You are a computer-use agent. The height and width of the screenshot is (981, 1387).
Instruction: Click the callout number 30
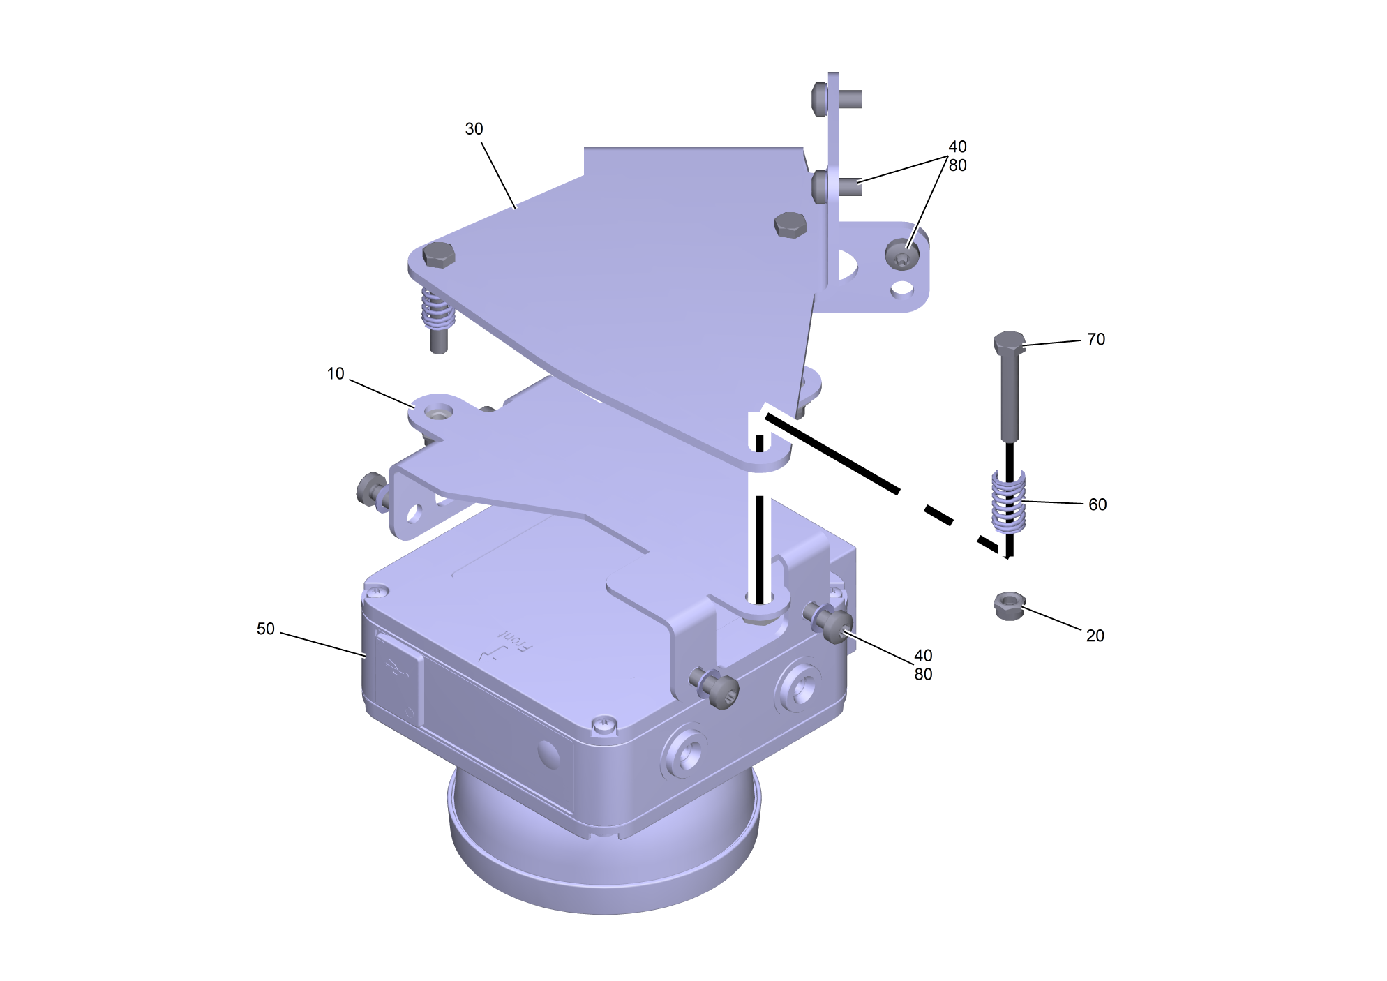coord(474,129)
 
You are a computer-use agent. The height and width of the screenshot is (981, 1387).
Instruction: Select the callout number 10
coord(336,374)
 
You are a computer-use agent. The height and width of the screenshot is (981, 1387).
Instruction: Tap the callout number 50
coord(266,629)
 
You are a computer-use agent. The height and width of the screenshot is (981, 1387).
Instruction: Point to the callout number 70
coord(1096,340)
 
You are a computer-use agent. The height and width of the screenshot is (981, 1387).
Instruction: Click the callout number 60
coord(1097,505)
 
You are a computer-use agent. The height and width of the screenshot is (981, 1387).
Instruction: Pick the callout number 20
coord(1095,636)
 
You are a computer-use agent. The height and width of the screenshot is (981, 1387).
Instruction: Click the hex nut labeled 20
coord(1009,606)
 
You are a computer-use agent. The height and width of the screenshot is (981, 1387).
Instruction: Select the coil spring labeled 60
coord(1009,501)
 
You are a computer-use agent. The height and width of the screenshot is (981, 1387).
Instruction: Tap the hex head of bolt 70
coord(1009,343)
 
